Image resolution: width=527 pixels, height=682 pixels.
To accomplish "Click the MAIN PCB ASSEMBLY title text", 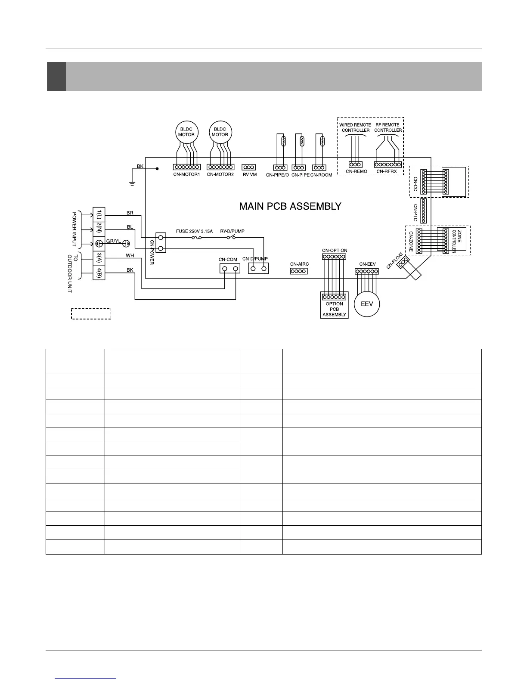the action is [x=290, y=206].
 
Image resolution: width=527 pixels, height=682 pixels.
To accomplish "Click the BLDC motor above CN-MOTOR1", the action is [x=186, y=132].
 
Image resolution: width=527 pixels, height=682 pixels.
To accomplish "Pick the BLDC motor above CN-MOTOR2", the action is [x=220, y=132].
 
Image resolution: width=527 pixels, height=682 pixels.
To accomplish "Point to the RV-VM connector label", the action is [x=249, y=175].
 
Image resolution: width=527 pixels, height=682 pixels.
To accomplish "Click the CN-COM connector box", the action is [x=229, y=269].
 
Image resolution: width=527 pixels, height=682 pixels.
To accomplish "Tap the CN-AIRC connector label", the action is [x=299, y=264].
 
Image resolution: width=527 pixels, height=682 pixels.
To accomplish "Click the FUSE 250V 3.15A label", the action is [x=194, y=231].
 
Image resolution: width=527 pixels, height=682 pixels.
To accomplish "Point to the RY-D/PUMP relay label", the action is [x=232, y=231].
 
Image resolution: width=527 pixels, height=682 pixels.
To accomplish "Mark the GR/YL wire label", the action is [x=114, y=241].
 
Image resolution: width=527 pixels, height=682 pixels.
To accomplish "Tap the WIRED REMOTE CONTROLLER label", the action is [x=355, y=127].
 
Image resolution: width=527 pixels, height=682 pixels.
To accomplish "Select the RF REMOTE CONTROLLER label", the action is [x=387, y=127].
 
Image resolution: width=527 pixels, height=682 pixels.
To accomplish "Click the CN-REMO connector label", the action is [x=356, y=171].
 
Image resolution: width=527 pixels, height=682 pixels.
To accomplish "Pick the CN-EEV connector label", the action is [x=367, y=264].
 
